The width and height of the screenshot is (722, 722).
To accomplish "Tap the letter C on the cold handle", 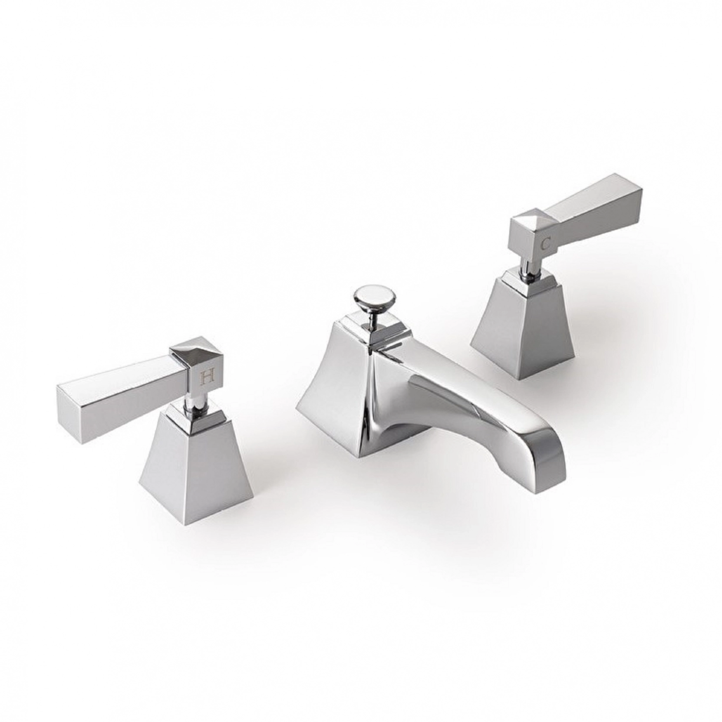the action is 546,244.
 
